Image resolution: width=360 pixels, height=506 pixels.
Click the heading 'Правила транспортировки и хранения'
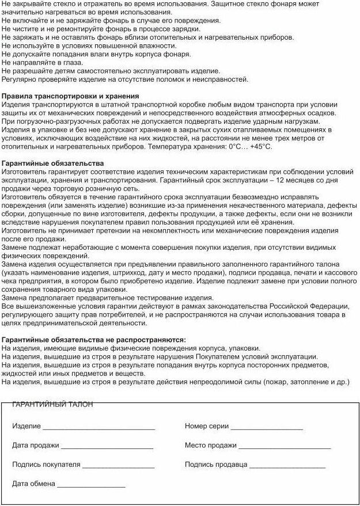pyautogui.click(x=70, y=96)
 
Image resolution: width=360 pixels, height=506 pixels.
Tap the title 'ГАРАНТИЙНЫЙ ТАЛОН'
pyautogui.click(x=52, y=405)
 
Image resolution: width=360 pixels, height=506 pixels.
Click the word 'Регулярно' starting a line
pyautogui.click(x=19, y=79)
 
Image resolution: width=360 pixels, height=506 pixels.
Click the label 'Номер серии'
pyautogui.click(x=207, y=427)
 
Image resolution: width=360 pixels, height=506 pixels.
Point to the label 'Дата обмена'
pyautogui.click(x=33, y=484)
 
